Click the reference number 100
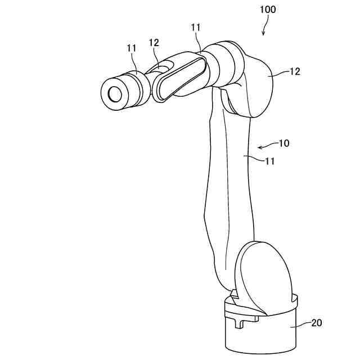click(268, 10)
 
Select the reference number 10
click(283, 143)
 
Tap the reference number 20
click(317, 322)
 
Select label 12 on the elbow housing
click(295, 71)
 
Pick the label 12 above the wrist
click(154, 42)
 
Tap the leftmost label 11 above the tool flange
click(132, 49)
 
